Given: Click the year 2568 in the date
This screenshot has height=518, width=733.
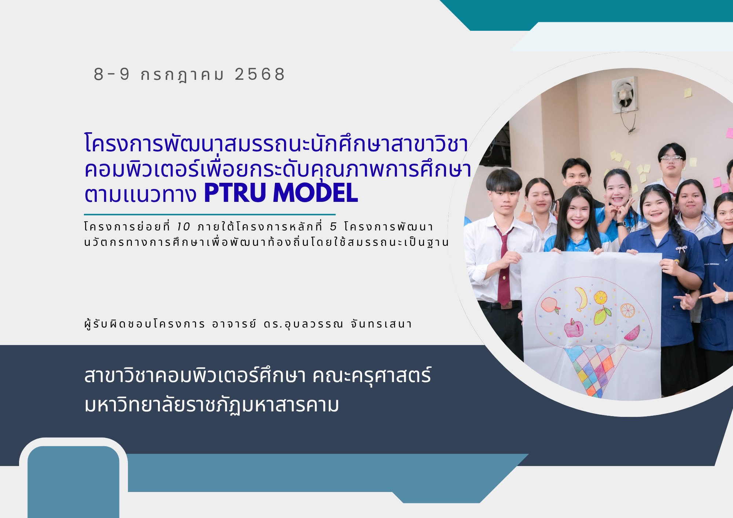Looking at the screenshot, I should pos(259,74).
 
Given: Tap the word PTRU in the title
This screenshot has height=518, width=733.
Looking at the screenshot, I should pos(235,193).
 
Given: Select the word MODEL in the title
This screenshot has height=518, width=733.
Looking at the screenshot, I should pos(315,193).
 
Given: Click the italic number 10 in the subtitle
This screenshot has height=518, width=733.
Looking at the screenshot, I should pos(183,227).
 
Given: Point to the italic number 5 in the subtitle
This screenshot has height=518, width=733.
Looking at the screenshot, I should pos(333,227).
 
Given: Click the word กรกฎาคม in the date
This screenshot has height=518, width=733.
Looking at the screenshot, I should pos(182,75).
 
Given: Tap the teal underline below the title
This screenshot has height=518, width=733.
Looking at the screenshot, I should pos(210,214).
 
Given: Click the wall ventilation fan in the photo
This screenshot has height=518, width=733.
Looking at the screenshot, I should pos(624,96).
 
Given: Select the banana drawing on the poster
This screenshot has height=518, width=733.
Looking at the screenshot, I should pos(581,298).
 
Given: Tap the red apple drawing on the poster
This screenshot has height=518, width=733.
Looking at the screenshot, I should pos(574,328).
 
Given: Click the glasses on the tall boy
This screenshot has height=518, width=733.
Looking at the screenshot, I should pos(671,159).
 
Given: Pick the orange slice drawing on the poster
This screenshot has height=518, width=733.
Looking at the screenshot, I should pos(627,310).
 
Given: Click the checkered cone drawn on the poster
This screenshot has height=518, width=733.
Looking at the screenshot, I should pos(594,368).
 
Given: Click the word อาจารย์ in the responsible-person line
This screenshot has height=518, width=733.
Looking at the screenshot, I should pos(234,324).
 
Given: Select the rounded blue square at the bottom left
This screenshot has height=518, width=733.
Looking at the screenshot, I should pos(73,480).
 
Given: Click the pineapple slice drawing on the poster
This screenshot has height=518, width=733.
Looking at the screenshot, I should pos(600,297).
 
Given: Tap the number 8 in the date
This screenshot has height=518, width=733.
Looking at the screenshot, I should pos(99,74).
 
